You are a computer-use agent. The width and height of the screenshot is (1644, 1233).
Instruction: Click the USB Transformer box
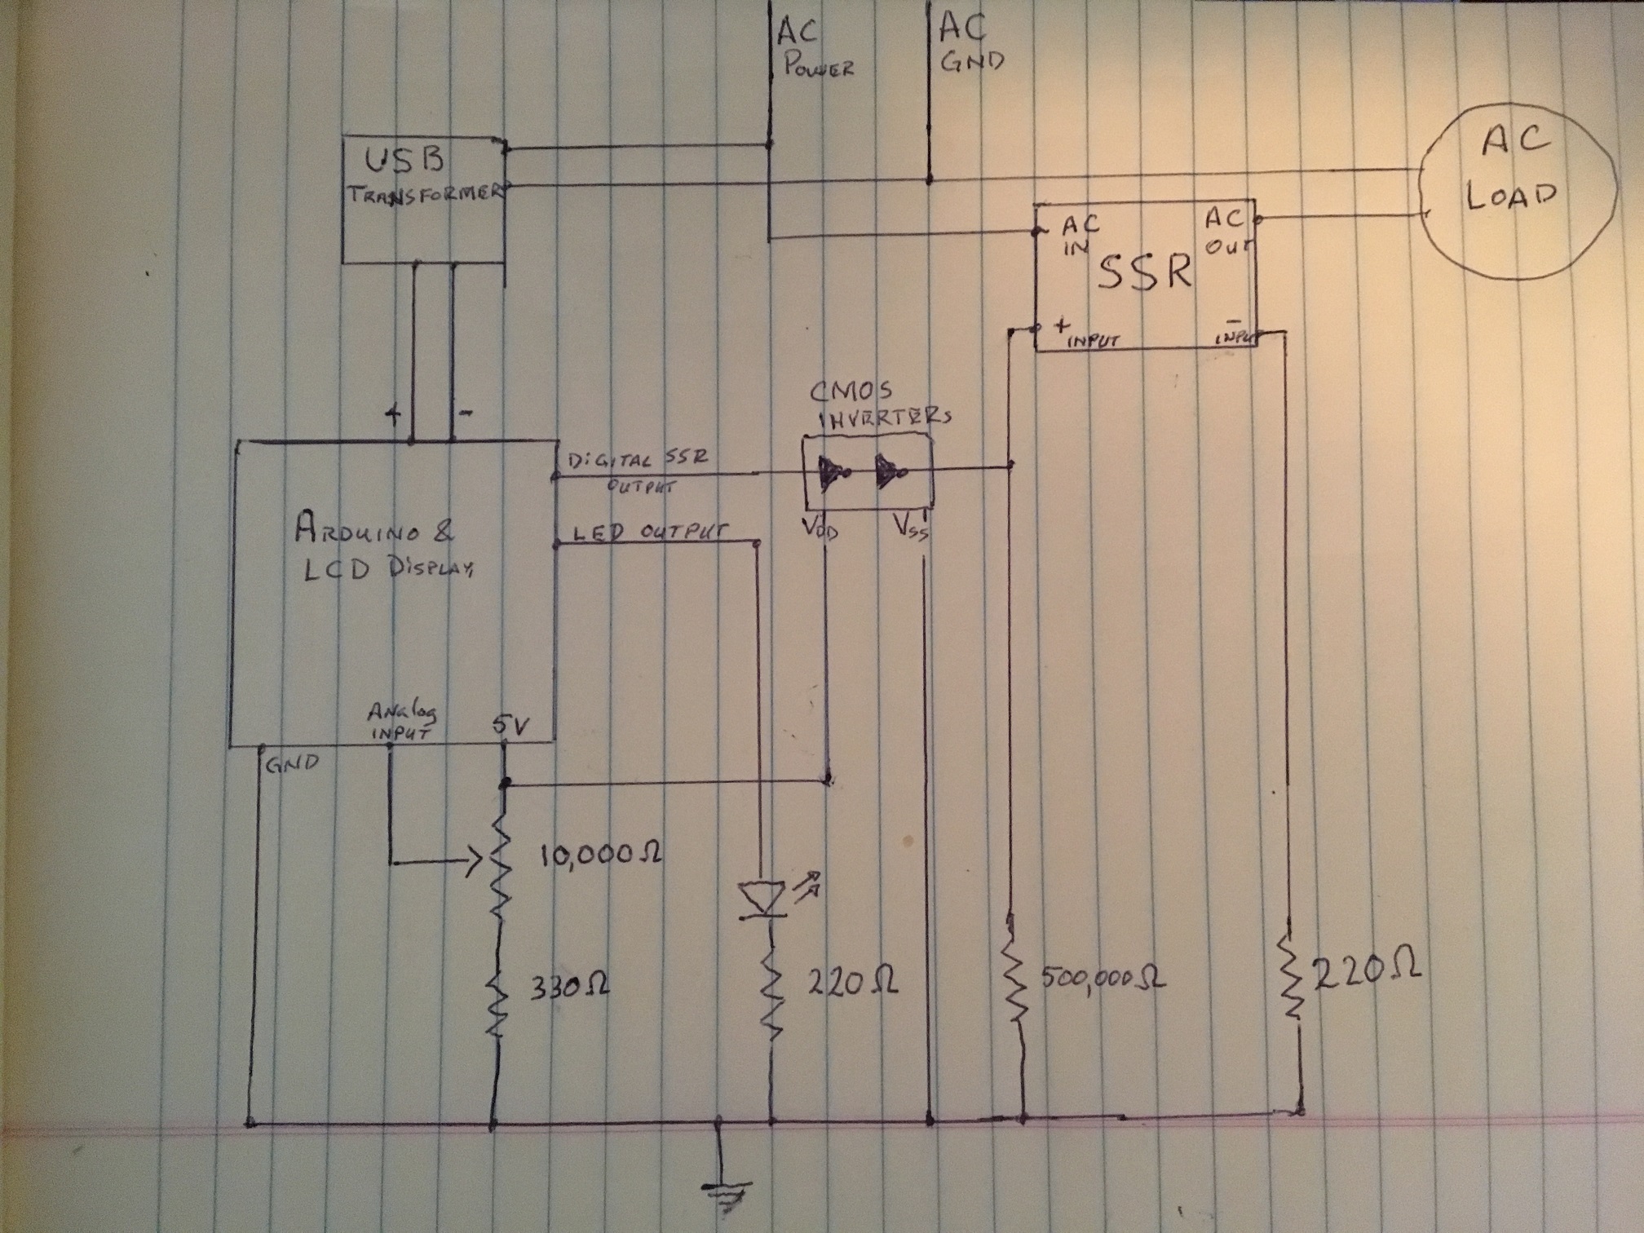(422, 200)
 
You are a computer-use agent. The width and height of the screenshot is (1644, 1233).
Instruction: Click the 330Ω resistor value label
(569, 988)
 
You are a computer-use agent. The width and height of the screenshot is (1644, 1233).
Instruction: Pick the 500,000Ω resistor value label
(1103, 979)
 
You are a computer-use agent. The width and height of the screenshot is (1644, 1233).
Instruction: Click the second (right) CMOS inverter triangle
(887, 471)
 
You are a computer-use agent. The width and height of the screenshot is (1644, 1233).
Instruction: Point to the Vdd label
(822, 529)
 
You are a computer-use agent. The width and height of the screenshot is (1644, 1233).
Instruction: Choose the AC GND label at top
(970, 46)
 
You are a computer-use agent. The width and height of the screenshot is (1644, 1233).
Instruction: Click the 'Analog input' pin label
(401, 722)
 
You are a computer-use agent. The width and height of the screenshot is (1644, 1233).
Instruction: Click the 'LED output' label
(650, 531)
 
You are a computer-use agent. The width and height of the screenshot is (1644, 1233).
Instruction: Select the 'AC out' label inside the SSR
(1225, 232)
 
